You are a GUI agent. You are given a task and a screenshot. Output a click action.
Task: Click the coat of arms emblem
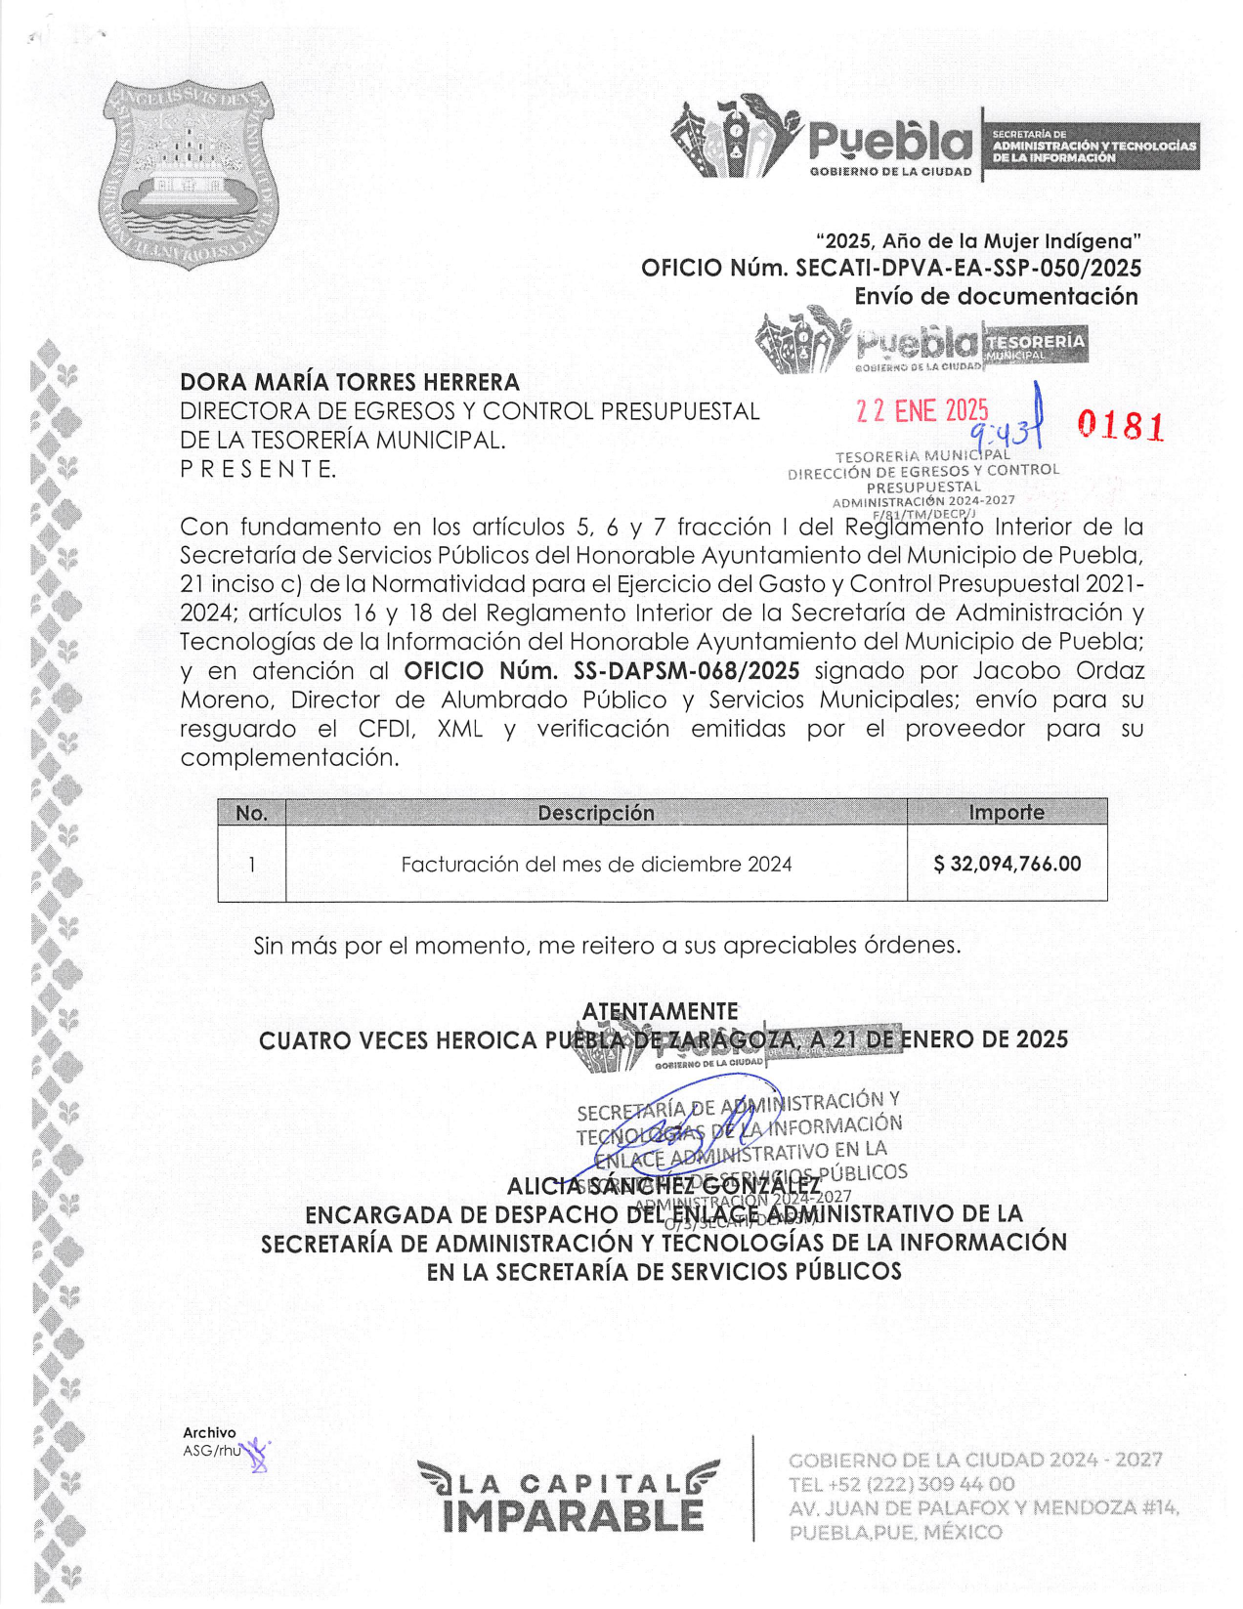[188, 174]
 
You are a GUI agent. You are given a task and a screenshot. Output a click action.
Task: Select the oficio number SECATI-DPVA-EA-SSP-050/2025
[968, 268]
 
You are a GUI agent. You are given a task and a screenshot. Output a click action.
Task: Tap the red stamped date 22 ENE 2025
[922, 411]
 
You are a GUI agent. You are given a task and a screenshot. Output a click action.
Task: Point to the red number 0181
[1120, 426]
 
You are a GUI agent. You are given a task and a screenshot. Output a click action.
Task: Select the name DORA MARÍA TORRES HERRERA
[350, 382]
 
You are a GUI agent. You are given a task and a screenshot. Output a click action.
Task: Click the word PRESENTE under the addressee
[258, 469]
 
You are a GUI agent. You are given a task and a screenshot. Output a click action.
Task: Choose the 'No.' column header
[251, 813]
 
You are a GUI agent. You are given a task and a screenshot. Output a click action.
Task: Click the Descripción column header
[596, 813]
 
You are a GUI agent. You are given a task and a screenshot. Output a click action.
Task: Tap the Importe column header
[1006, 813]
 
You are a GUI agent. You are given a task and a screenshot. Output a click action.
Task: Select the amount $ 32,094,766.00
[1007, 864]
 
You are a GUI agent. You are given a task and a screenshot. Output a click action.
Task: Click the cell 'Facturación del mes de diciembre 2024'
[596, 864]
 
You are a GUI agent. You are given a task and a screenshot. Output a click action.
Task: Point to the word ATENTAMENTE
[661, 1011]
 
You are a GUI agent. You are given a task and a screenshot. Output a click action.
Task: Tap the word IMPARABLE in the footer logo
[573, 1515]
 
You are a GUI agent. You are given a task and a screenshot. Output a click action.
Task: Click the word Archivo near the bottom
[209, 1432]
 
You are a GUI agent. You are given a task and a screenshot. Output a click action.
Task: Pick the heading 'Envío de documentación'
[996, 297]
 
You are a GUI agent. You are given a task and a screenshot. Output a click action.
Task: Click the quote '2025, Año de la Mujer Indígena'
[978, 240]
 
